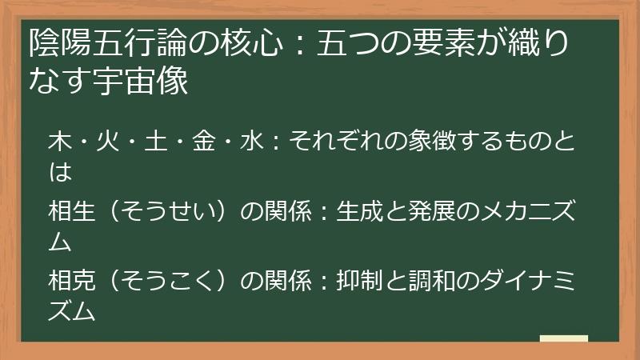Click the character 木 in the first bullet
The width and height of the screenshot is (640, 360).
tap(58, 142)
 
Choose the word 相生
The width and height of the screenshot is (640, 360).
tap(70, 212)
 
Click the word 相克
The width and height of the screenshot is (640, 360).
tap(70, 282)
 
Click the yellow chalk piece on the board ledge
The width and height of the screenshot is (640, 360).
tap(563, 338)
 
